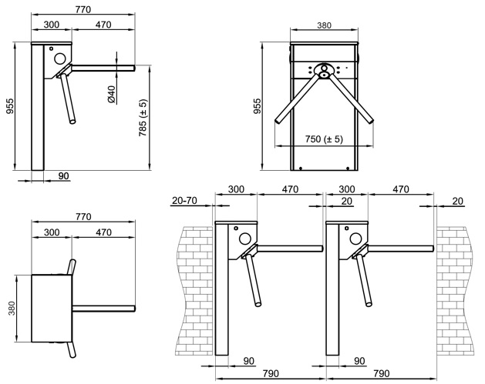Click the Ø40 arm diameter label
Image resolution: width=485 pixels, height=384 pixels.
pos(111,94)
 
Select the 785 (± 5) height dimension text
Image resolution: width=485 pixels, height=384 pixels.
pos(143,119)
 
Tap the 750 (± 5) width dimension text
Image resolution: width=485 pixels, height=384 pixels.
pos(324,139)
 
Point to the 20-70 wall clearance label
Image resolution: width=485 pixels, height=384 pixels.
pos(184,201)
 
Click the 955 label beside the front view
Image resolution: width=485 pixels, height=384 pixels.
pos(258,106)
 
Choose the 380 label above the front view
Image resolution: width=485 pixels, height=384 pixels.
pos(324,25)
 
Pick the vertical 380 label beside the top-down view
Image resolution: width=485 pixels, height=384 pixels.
pos(12,308)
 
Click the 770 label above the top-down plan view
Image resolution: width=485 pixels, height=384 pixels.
pos(83,217)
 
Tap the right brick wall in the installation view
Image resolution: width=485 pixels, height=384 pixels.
pos(455,291)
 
